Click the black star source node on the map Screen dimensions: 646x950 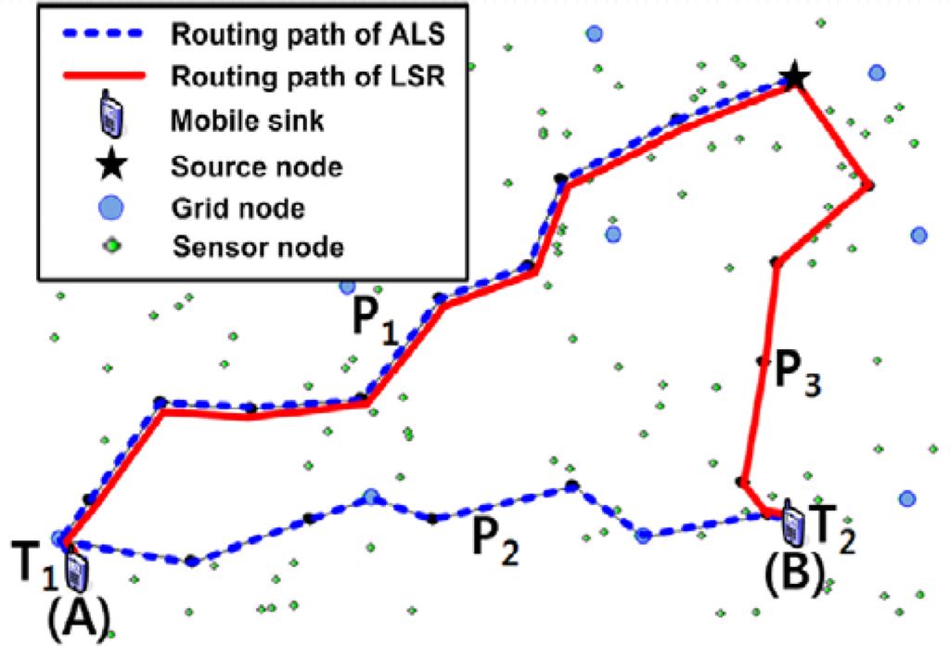[794, 77]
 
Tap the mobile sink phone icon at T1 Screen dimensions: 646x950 [76, 570]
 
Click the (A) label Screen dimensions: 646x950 [80, 614]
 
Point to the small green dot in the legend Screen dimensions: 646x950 [110, 247]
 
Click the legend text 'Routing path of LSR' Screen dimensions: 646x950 [311, 76]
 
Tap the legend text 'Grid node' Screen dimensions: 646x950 [238, 207]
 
